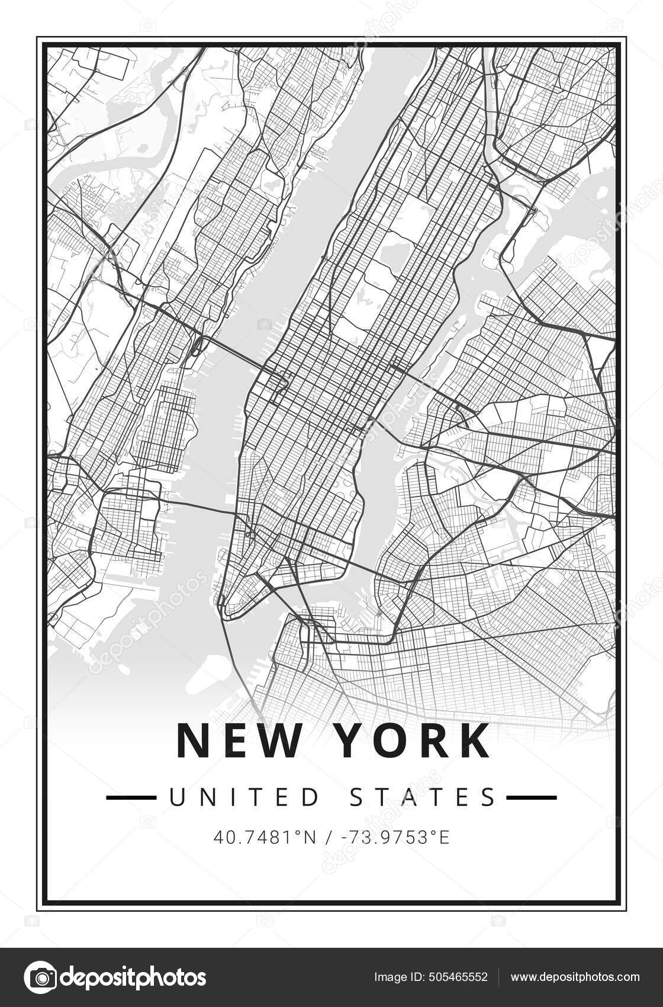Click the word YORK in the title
coord(413,741)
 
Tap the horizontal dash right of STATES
coord(531,798)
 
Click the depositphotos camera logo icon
coord(40,977)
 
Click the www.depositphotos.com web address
coord(575,977)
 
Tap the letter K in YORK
coord(474,741)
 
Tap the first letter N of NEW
coord(192,741)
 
